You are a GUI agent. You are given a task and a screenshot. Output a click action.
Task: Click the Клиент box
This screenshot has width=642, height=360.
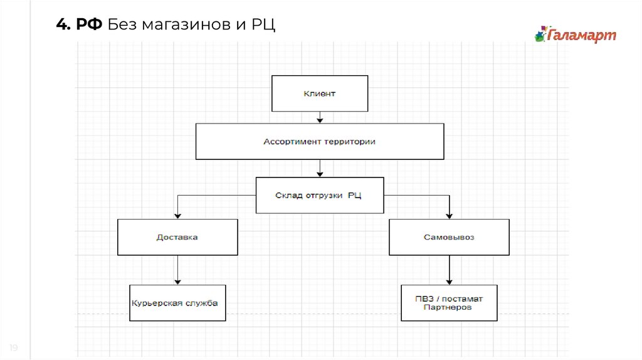tap(320, 93)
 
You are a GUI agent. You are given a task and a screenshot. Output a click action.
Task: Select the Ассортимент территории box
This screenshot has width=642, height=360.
tap(320, 142)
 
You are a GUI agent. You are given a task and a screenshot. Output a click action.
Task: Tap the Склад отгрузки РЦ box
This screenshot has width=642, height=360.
tap(320, 195)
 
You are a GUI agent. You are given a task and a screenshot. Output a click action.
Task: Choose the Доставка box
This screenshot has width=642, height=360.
tap(177, 237)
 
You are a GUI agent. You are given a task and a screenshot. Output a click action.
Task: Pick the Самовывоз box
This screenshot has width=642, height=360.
tap(449, 237)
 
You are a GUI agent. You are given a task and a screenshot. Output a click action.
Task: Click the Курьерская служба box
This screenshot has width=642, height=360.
tap(177, 303)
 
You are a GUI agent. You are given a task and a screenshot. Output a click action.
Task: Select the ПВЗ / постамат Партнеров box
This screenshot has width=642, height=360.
tap(449, 303)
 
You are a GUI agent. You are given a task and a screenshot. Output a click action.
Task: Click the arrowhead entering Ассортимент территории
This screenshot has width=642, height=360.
tap(320, 120)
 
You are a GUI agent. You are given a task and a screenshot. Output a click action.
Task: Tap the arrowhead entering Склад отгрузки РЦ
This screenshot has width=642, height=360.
tap(320, 174)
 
